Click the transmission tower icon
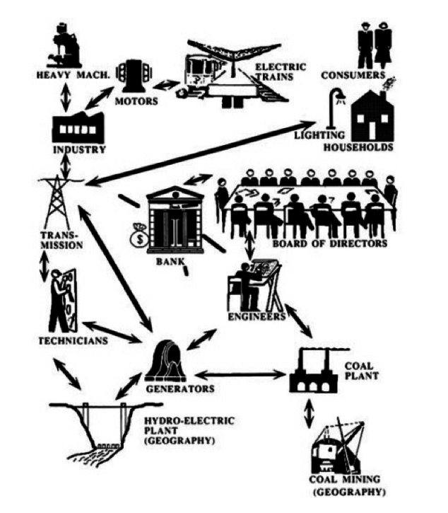59,201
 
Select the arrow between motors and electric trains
167,83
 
